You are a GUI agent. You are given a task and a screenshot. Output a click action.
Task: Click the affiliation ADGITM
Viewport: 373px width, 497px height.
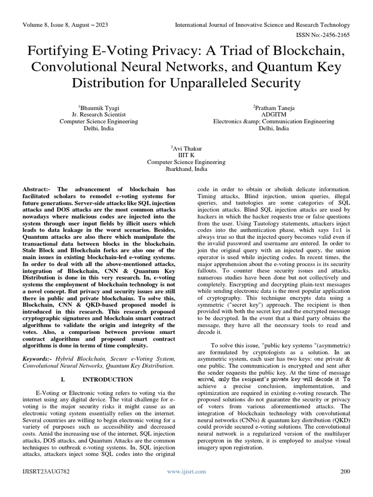(274, 114)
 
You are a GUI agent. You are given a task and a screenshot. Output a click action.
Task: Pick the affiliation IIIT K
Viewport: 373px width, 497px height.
(186, 155)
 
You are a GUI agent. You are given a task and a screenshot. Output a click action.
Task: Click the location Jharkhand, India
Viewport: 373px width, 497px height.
(186, 169)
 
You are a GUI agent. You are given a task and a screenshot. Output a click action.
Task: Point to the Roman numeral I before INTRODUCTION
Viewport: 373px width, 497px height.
(65, 379)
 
